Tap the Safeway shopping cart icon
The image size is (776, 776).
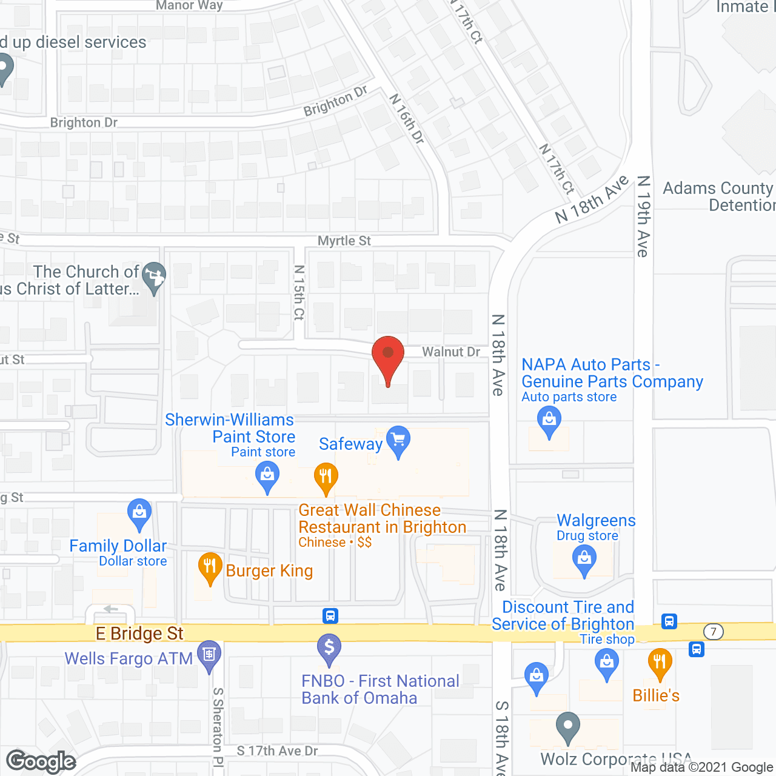coord(398,440)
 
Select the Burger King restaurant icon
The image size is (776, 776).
coord(210,567)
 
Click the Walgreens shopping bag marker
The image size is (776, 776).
coord(584,559)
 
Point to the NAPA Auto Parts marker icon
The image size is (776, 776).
coord(549,421)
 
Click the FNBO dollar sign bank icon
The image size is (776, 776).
coord(329,648)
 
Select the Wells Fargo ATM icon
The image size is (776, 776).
coord(210,655)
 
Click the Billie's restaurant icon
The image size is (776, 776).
coord(660,662)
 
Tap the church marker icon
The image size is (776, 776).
coord(154,276)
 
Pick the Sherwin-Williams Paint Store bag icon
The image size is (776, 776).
coord(267,475)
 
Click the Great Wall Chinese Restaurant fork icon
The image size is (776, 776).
coord(326,477)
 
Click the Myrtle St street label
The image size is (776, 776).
coord(344,241)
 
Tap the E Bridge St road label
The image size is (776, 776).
coord(139,634)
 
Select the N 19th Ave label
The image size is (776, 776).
coord(643,216)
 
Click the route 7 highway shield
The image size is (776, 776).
coord(714,632)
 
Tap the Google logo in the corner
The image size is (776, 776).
coord(41,761)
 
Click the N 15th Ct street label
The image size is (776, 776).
coord(299,292)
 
